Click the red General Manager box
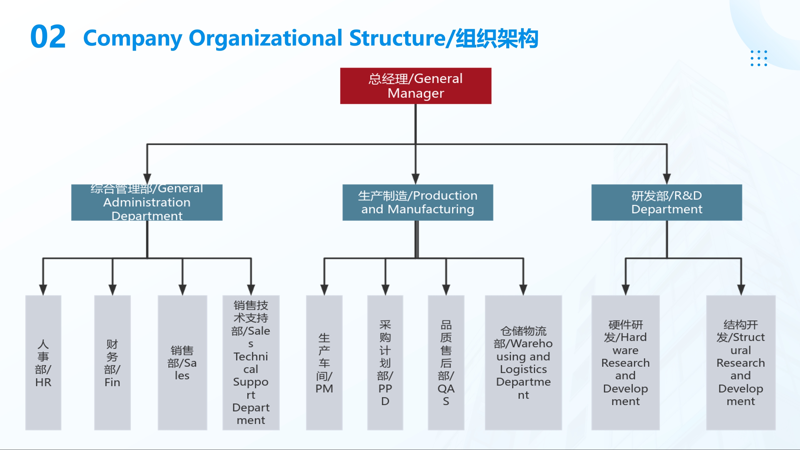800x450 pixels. pos(415,86)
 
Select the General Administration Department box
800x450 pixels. pos(147,202)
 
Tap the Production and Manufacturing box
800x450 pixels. pos(417,202)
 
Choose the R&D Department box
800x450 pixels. pos(666,202)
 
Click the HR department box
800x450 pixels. pos(43,363)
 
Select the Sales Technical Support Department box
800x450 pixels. pos(251,363)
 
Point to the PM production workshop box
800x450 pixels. pos(324,363)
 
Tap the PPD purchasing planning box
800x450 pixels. pos(385,363)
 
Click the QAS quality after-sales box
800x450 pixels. pos(446,363)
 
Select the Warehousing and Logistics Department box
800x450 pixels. pos(523,363)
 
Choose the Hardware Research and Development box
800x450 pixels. pos(625,363)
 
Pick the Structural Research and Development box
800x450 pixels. pos(741,363)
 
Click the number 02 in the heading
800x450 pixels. pos(48,37)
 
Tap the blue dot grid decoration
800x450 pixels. pos(759,58)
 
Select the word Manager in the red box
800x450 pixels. pos(415,93)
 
